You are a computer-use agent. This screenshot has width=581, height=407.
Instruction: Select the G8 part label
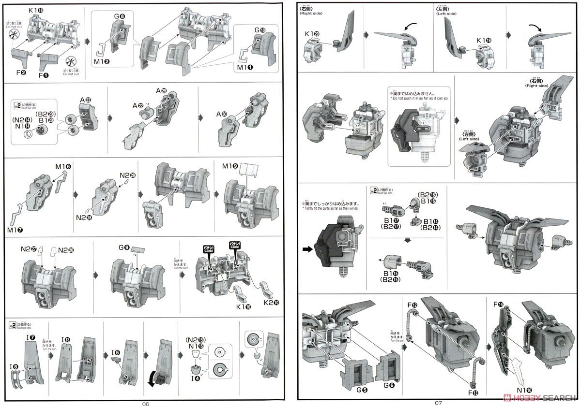pos(120,16)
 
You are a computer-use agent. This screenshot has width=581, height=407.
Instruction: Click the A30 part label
pos(222,114)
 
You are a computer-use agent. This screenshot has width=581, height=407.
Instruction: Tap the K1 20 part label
pos(312,34)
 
